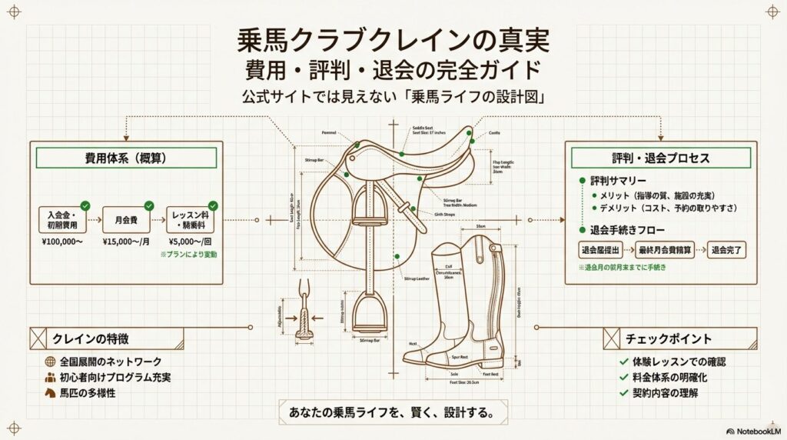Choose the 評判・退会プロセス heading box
click(661, 158)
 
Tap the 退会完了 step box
click(727, 249)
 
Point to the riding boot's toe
click(413, 357)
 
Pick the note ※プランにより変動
click(190, 254)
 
